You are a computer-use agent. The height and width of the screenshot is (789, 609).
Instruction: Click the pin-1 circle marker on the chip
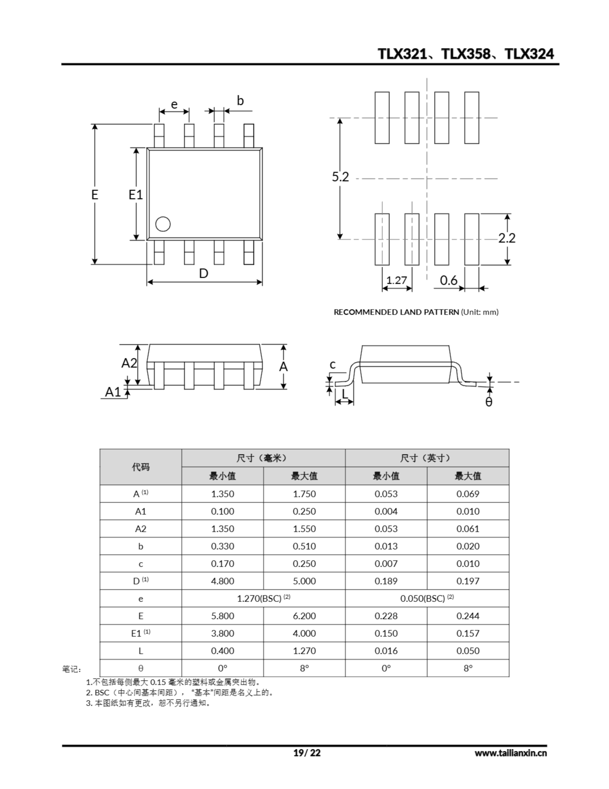tap(163, 224)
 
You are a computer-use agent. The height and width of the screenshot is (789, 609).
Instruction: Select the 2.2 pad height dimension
tap(507, 238)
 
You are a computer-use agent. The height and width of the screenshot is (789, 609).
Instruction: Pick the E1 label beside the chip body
tap(136, 195)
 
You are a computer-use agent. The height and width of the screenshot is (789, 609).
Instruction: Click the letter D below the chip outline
tap(204, 273)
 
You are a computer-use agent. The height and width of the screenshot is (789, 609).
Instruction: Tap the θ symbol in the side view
tap(489, 402)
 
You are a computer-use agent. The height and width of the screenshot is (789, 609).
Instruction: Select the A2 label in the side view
tap(129, 363)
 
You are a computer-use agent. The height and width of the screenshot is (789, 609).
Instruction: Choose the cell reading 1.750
tap(304, 494)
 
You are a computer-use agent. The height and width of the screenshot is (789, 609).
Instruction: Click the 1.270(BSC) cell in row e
tap(263, 599)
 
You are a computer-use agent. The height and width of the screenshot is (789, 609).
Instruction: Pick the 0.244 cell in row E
tap(468, 616)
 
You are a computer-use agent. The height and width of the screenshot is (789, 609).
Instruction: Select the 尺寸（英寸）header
tap(427, 458)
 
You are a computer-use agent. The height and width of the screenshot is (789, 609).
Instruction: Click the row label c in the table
tap(140, 564)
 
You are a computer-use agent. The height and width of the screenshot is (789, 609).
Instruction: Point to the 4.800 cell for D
tap(222, 581)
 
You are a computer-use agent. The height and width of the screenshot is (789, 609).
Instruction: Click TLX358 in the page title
tap(466, 54)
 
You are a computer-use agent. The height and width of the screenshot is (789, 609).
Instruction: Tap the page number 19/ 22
tap(307, 753)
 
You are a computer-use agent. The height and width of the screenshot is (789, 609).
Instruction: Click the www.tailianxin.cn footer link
tap(510, 753)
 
